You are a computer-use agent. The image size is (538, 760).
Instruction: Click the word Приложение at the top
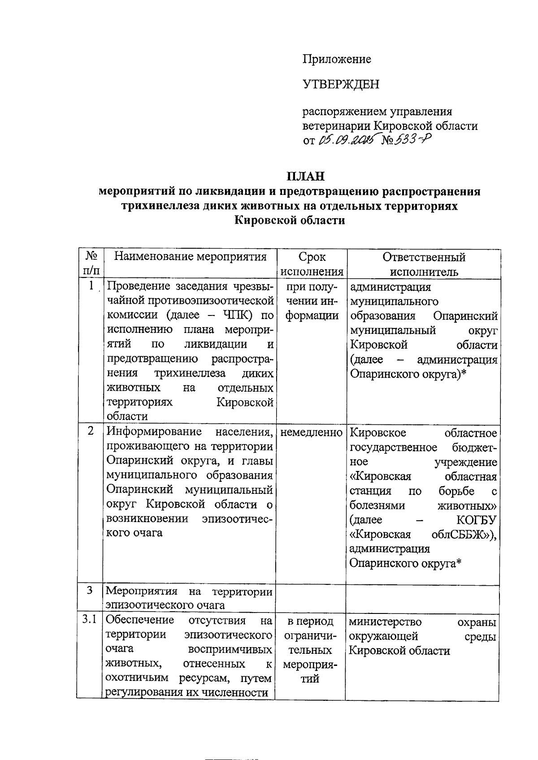(x=337, y=59)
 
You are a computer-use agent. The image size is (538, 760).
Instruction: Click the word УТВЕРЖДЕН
(x=341, y=84)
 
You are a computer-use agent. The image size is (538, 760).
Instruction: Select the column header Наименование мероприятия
(x=191, y=257)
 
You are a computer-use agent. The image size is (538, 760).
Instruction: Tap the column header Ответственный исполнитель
(x=424, y=264)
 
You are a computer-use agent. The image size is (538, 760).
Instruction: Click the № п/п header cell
(x=91, y=264)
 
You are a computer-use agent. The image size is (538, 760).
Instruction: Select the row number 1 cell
(x=91, y=285)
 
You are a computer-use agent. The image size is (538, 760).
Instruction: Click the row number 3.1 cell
(x=90, y=620)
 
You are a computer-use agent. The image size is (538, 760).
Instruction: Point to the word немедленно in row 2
(x=312, y=433)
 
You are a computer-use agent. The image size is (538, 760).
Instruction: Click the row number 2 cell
(x=91, y=431)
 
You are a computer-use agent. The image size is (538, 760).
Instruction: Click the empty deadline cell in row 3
(x=311, y=598)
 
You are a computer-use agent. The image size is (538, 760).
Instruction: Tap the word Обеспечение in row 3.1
(x=140, y=620)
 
